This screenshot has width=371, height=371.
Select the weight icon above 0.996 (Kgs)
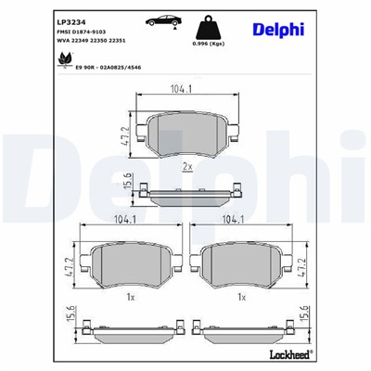click(x=213, y=28)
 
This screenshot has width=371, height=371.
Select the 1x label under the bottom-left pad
click(x=131, y=297)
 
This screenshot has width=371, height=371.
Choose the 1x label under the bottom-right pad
click(x=241, y=297)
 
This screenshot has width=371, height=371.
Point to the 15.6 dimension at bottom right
click(x=303, y=321)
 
